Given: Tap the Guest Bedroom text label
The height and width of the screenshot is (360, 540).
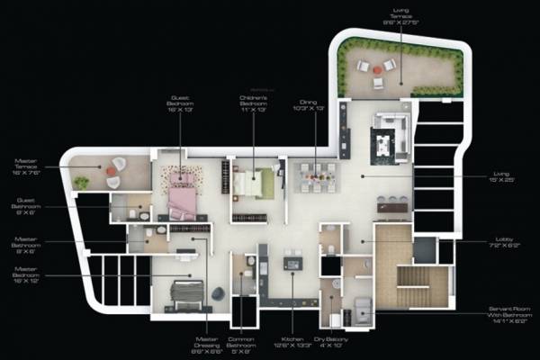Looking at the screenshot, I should [181, 104].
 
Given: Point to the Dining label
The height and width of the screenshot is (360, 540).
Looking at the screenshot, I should [315, 104].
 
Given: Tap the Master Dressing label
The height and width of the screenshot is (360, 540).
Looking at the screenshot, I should [208, 344].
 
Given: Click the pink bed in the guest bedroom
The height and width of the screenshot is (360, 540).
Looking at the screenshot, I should [183, 199].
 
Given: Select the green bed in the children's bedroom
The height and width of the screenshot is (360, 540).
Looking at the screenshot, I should [251, 184].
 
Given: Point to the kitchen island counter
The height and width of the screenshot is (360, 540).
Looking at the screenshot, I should [293, 263].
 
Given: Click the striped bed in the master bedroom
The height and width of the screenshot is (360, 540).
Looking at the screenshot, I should [189, 293].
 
